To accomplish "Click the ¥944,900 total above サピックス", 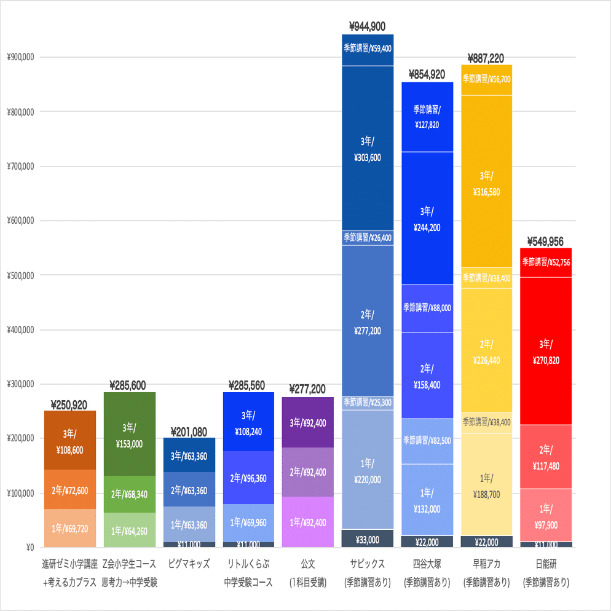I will [367, 26].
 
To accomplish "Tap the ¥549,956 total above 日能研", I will [546, 242].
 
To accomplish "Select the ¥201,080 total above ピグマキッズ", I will [189, 432].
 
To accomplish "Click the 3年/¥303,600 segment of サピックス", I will [367, 149].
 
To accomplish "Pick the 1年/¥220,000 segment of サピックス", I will [367, 471].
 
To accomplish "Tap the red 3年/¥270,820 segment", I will [546, 352].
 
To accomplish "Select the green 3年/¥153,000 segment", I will [129, 435].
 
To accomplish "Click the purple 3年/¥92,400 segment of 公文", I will [307, 423].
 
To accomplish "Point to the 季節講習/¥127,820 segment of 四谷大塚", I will [427, 116].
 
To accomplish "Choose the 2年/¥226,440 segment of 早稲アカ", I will [486, 352].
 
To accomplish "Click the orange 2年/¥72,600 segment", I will [70, 490].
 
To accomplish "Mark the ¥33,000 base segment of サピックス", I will [367, 540].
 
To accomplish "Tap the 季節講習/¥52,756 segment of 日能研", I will [546, 262].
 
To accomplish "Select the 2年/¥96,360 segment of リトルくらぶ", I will [248, 478].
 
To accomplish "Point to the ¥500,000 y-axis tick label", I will [20, 275].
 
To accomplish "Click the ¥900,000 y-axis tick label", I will [20, 58].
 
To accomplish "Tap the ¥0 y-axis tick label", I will [28, 547].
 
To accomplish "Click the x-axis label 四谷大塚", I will [427, 563].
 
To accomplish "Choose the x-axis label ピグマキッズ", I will [189, 563].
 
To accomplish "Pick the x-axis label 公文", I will [307, 563].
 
